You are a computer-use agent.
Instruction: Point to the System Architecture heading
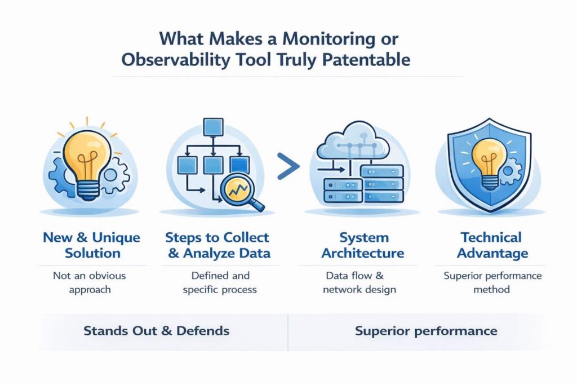tap(362, 245)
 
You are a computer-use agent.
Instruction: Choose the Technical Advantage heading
tap(492, 245)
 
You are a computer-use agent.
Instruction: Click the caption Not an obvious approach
tap(90, 282)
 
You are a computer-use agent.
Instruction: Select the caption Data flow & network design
tap(361, 282)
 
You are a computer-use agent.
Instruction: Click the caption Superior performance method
tap(492, 282)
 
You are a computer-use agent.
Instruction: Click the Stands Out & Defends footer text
tap(156, 330)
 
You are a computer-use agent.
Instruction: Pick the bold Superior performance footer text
tap(426, 330)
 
